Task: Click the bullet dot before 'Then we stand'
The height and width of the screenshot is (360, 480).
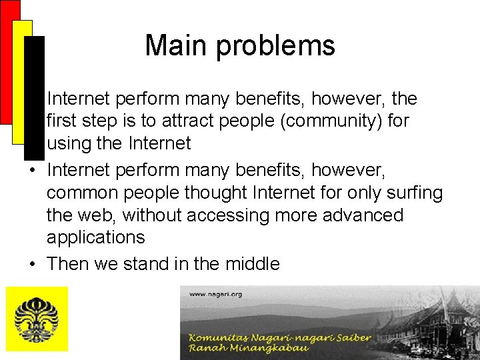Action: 32,264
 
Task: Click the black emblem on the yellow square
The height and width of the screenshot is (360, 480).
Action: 37,319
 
